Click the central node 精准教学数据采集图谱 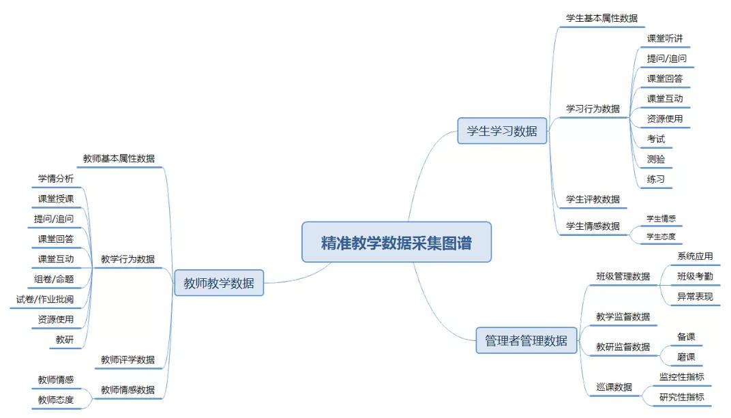click(396, 242)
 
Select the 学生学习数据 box click(502, 131)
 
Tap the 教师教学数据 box click(219, 283)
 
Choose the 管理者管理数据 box click(526, 340)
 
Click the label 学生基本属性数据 click(601, 18)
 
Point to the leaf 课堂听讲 click(665, 38)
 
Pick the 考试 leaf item click(656, 139)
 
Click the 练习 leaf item click(656, 179)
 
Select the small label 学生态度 click(661, 237)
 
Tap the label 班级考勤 click(695, 276)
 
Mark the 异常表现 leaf click(695, 297)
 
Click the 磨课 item click(686, 357)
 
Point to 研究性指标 click(681, 397)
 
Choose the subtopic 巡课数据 click(614, 387)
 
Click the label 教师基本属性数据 click(119, 158)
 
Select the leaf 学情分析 click(56, 179)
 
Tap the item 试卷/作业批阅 click(45, 299)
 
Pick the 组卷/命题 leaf click(54, 279)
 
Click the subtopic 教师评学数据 click(128, 359)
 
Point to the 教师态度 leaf click(56, 400)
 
